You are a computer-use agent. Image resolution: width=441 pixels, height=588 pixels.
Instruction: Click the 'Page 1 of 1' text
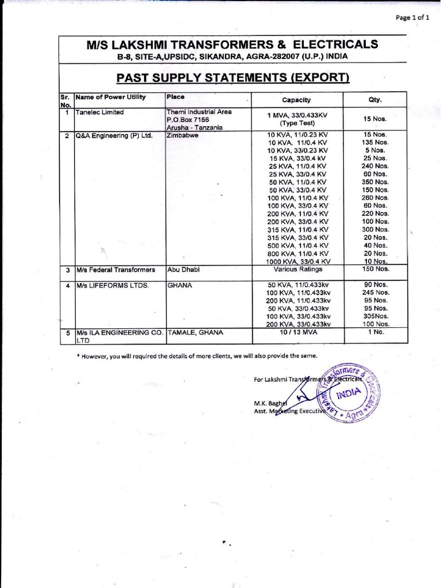[x=412, y=18]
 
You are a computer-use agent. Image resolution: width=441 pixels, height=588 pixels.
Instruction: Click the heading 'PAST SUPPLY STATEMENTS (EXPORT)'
[x=233, y=78]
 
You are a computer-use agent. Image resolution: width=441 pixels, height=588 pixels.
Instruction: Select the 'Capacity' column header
[x=296, y=100]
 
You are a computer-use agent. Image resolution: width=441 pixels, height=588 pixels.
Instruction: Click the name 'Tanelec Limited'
[x=100, y=113]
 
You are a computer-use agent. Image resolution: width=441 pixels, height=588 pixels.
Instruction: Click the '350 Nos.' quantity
[x=376, y=181]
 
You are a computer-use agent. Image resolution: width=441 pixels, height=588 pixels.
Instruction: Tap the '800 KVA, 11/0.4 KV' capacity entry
[x=298, y=253]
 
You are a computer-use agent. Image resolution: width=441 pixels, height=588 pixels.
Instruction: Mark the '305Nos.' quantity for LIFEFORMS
[x=376, y=316]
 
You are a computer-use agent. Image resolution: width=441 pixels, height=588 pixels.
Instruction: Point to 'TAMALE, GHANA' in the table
[x=194, y=332]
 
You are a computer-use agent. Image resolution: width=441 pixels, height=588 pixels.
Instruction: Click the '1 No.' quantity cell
[x=376, y=332]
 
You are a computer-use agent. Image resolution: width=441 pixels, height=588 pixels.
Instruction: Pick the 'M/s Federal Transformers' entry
[x=115, y=269]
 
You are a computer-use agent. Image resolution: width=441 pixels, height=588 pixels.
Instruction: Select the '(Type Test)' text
[x=296, y=123]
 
